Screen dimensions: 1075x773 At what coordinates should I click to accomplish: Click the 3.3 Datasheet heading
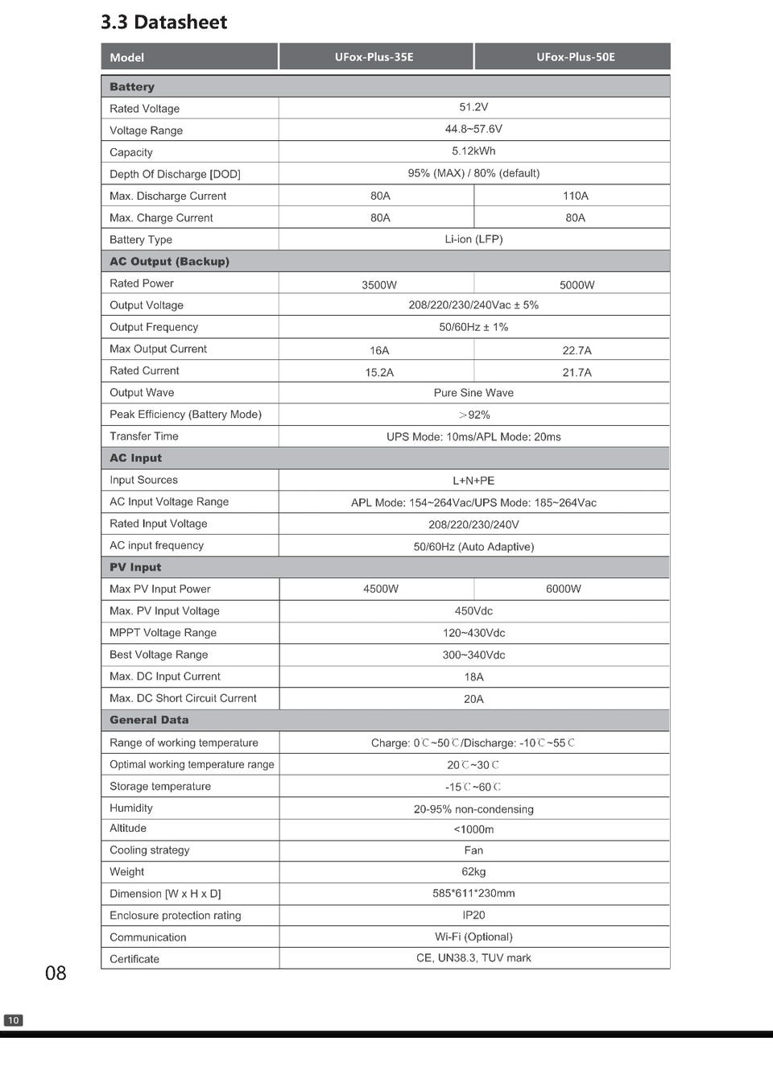click(x=163, y=23)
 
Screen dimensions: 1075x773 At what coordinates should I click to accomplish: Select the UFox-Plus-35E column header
click(x=374, y=57)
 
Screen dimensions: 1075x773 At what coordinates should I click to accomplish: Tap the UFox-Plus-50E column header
click(x=575, y=57)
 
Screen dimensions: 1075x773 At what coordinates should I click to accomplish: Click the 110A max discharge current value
click(x=575, y=196)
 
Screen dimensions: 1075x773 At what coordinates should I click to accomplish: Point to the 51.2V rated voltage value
click(x=473, y=107)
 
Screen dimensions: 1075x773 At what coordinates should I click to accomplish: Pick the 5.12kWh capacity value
click(x=473, y=151)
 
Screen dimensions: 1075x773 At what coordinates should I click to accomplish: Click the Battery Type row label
click(x=141, y=239)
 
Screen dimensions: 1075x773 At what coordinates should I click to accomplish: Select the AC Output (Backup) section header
click(x=169, y=262)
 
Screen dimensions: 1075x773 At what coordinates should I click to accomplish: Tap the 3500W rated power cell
click(x=379, y=285)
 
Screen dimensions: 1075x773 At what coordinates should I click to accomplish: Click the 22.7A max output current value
click(x=577, y=350)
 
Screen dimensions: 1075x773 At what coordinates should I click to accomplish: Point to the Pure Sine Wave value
click(x=473, y=393)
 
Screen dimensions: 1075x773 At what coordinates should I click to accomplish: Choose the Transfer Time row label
click(x=144, y=436)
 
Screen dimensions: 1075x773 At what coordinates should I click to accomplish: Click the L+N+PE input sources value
click(x=473, y=481)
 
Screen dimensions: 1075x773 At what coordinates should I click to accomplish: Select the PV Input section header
click(x=135, y=568)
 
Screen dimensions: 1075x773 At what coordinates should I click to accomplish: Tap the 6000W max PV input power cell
click(x=563, y=589)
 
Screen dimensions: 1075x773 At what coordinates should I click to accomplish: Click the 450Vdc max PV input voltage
click(x=473, y=611)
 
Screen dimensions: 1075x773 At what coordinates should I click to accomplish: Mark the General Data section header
click(x=149, y=720)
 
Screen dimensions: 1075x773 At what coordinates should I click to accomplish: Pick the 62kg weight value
click(x=473, y=872)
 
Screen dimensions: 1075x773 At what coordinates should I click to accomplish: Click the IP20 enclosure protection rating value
click(x=473, y=916)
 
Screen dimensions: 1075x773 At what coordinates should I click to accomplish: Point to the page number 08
click(x=56, y=974)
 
